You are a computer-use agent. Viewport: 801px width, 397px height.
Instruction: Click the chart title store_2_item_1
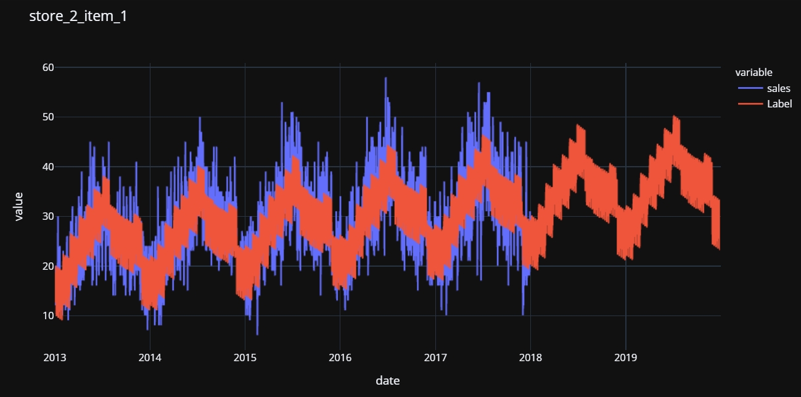[78, 17]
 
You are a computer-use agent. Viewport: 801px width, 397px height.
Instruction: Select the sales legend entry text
[778, 88]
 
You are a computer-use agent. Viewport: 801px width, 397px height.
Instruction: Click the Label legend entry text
[779, 104]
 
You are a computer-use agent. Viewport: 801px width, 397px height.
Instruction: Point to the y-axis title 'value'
[18, 206]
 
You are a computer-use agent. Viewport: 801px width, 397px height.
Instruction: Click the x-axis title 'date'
[388, 380]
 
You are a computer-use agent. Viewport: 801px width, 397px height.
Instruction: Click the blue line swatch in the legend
[749, 88]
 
